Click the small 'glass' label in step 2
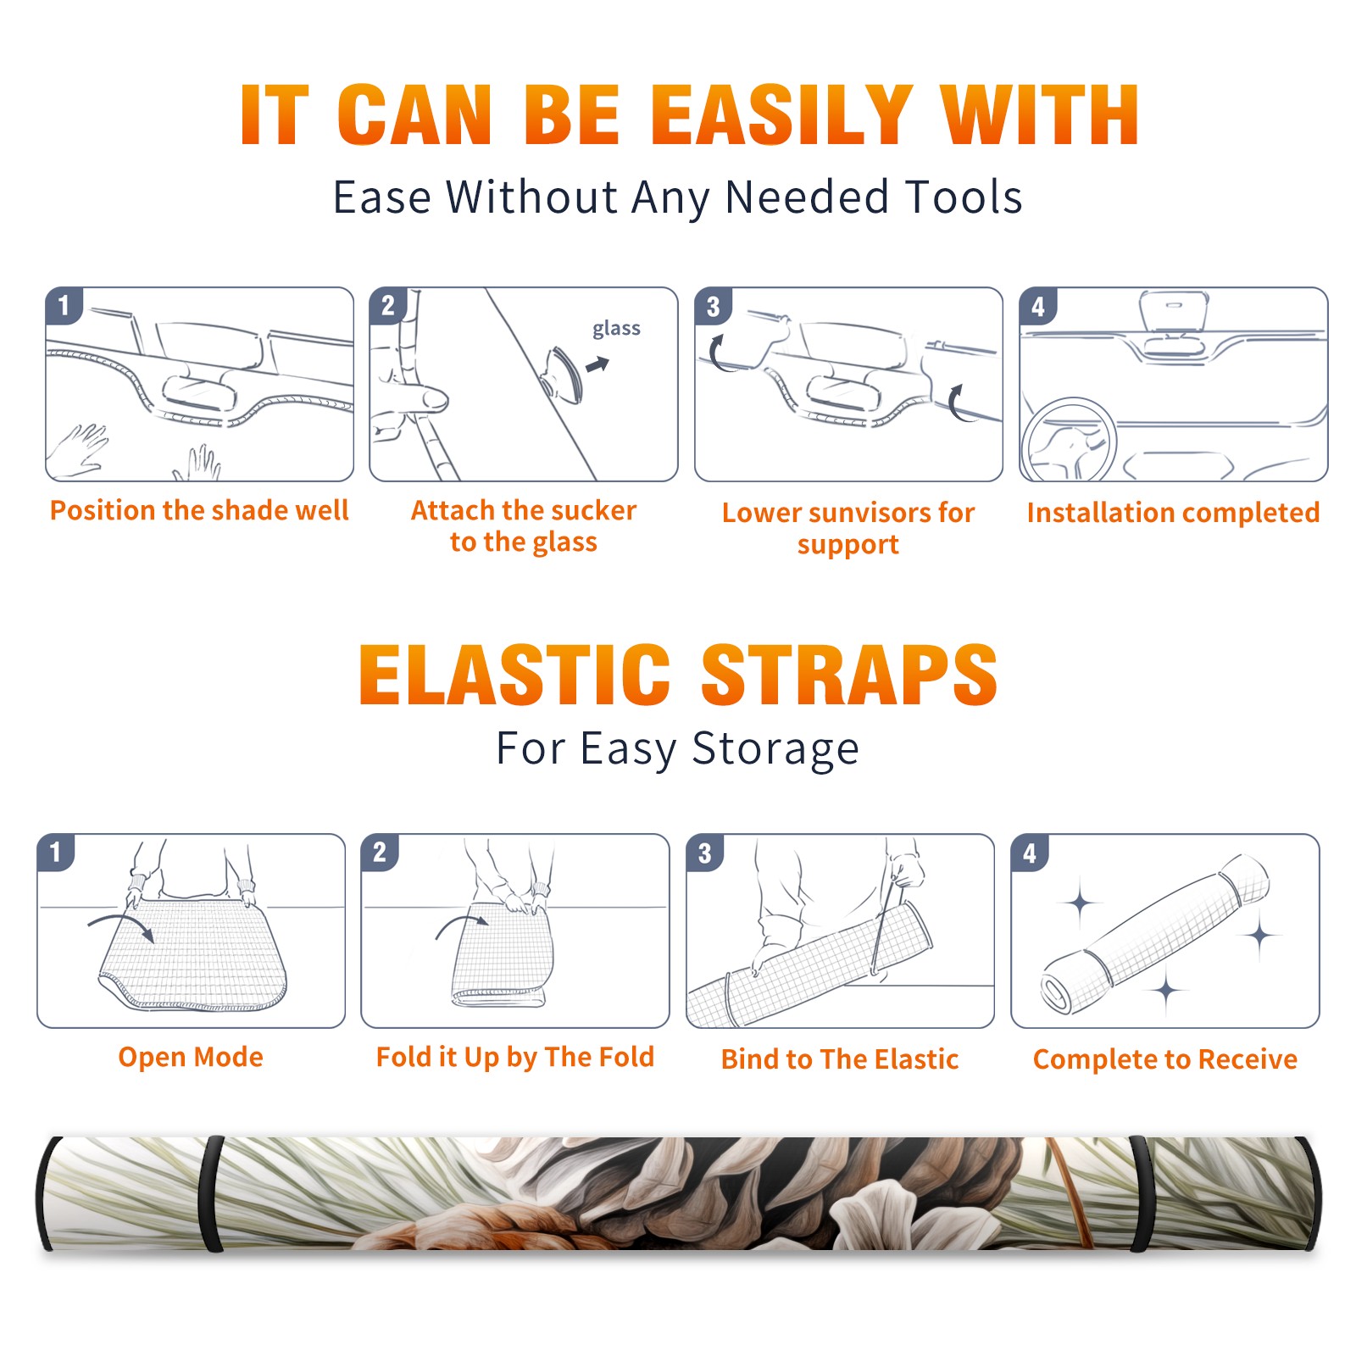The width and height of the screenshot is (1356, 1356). [616, 329]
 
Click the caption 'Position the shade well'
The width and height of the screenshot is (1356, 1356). [199, 510]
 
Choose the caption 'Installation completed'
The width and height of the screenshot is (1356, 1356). [1173, 513]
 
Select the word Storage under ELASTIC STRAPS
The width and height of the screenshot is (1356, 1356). [775, 749]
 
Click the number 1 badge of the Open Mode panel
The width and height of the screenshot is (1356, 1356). [56, 852]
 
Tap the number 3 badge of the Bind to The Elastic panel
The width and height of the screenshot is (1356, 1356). [705, 853]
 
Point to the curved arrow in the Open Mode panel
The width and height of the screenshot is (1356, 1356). [120, 924]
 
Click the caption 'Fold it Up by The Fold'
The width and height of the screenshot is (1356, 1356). [515, 1057]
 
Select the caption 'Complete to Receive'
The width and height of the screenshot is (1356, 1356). [1165, 1059]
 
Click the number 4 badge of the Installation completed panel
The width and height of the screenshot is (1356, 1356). [1038, 306]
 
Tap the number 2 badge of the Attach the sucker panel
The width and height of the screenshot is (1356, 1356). [388, 305]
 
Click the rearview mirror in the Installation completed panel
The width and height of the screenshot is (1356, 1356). [1173, 311]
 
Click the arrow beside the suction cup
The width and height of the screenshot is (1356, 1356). [597, 364]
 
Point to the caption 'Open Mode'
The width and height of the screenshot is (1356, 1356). [191, 1057]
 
